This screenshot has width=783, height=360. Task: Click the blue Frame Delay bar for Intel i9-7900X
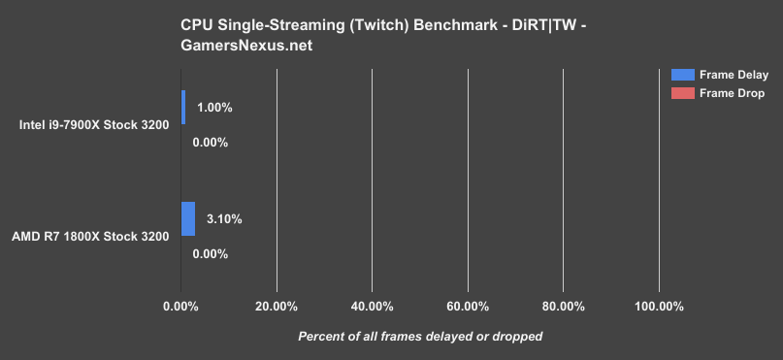pyautogui.click(x=182, y=107)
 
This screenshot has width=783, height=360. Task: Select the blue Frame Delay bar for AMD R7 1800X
pyautogui.click(x=188, y=218)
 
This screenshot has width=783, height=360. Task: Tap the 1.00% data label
pyautogui.click(x=214, y=108)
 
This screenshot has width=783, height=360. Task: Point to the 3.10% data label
pyautogui.click(x=224, y=219)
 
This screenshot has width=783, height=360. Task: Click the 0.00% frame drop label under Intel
pyautogui.click(x=210, y=143)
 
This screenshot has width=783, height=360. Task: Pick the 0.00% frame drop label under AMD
pyautogui.click(x=210, y=254)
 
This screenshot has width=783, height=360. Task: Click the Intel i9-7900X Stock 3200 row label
pyautogui.click(x=94, y=124)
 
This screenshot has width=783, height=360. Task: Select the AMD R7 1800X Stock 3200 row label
pyautogui.click(x=90, y=236)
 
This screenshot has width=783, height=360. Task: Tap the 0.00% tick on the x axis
pyautogui.click(x=181, y=307)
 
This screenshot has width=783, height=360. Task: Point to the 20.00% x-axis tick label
pyautogui.click(x=277, y=307)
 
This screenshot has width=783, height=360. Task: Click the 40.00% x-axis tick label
pyautogui.click(x=372, y=307)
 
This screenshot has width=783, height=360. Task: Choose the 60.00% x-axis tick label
pyautogui.click(x=468, y=307)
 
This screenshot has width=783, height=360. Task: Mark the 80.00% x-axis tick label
pyautogui.click(x=564, y=307)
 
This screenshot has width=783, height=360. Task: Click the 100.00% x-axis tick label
pyautogui.click(x=659, y=307)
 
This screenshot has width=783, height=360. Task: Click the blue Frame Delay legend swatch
pyautogui.click(x=682, y=75)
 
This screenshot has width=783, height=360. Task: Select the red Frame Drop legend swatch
pyautogui.click(x=682, y=93)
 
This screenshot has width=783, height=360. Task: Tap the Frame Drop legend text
pyautogui.click(x=732, y=93)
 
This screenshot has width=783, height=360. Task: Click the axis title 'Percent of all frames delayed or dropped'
pyautogui.click(x=419, y=336)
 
